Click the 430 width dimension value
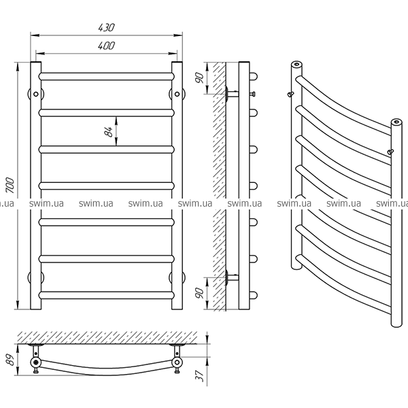(x=107, y=27)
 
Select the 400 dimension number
(x=107, y=46)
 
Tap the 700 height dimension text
(x=10, y=185)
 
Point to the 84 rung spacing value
(x=109, y=131)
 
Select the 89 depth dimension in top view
(x=10, y=359)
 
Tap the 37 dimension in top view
(x=199, y=376)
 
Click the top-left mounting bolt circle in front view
(x=36, y=94)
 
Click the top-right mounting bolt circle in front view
(x=177, y=94)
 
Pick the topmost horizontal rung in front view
(x=107, y=76)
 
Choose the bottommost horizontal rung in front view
(x=107, y=295)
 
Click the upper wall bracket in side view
(x=232, y=94)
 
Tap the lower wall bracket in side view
(x=232, y=277)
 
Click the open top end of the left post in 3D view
(x=296, y=64)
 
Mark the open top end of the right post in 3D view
(x=396, y=122)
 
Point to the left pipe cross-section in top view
(x=35, y=362)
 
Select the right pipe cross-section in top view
(x=177, y=362)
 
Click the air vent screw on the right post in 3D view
(x=390, y=152)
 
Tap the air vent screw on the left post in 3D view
(x=290, y=94)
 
